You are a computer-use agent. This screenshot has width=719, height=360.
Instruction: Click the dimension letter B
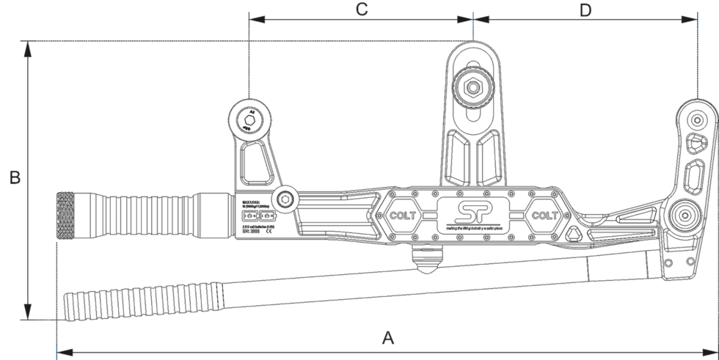[x=13, y=178]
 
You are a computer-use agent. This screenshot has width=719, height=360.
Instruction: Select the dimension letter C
[x=361, y=10]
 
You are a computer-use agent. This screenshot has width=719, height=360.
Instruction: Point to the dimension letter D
[x=585, y=10]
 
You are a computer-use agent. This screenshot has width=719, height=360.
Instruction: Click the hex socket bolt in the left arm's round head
[x=249, y=118]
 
